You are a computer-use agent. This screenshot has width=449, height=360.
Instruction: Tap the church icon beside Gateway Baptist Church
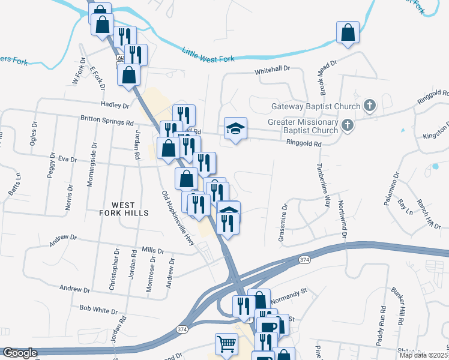pos(370,106)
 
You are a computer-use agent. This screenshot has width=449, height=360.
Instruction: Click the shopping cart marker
pos(226,344)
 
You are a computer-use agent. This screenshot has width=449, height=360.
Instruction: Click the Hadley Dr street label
pos(115,105)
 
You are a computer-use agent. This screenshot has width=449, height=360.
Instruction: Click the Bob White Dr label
pos(98,310)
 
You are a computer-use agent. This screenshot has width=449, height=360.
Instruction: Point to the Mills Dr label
pos(152,250)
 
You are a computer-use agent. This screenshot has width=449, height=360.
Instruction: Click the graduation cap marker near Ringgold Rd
pos(235,128)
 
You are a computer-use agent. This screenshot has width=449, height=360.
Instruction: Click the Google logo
pos(20,353)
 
